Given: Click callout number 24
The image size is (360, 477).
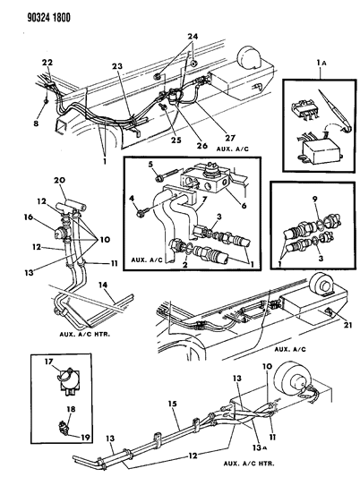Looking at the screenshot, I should tap(190, 37).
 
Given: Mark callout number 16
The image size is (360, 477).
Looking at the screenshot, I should tap(27, 217).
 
